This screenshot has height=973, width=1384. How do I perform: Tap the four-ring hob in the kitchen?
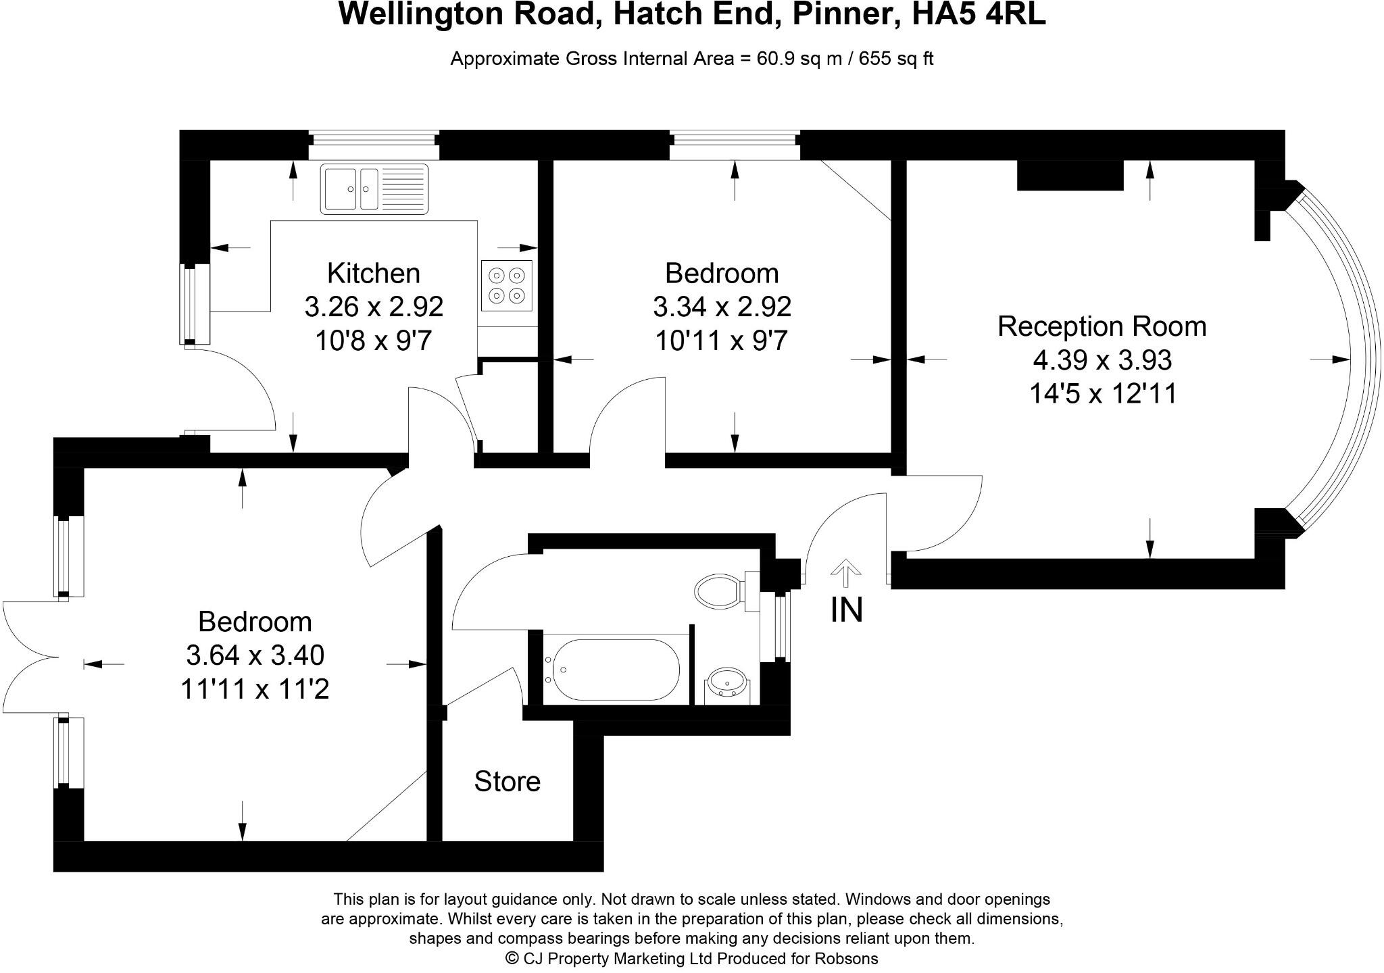point(507,286)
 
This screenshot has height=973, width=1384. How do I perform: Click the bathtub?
point(612,670)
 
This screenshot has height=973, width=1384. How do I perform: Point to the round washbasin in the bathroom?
point(726,683)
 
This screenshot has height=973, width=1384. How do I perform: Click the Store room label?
point(507,782)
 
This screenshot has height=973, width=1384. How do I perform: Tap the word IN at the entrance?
point(846,610)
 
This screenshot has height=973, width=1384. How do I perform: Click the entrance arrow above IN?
point(845,572)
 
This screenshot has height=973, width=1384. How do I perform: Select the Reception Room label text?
point(1102,326)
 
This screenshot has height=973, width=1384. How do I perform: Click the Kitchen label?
point(374,274)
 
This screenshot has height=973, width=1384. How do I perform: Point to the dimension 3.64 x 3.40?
point(255,655)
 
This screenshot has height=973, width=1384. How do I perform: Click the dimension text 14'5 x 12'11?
point(1103,393)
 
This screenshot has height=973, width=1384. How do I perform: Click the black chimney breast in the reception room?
point(1070,175)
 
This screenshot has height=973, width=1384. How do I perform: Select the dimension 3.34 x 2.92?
point(722,307)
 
